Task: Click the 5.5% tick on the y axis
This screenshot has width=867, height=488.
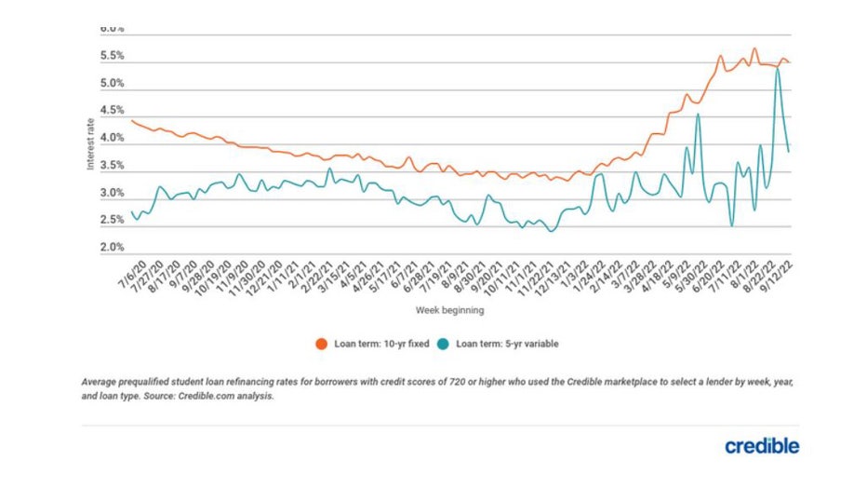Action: [x=113, y=56]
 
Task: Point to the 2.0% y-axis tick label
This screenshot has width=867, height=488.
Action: [x=113, y=249]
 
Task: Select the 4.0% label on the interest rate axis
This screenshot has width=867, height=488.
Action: [x=113, y=139]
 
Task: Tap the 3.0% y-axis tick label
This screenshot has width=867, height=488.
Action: [x=113, y=194]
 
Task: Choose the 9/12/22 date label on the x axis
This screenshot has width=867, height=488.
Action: [x=778, y=274]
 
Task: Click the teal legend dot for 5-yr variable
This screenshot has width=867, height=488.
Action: [x=447, y=344]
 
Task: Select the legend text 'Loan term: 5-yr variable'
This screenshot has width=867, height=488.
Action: [x=507, y=344]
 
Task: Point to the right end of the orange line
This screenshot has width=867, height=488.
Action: [x=790, y=62]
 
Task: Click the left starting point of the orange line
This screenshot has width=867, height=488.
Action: [x=131, y=120]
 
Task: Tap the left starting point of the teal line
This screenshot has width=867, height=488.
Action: [x=131, y=212]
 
